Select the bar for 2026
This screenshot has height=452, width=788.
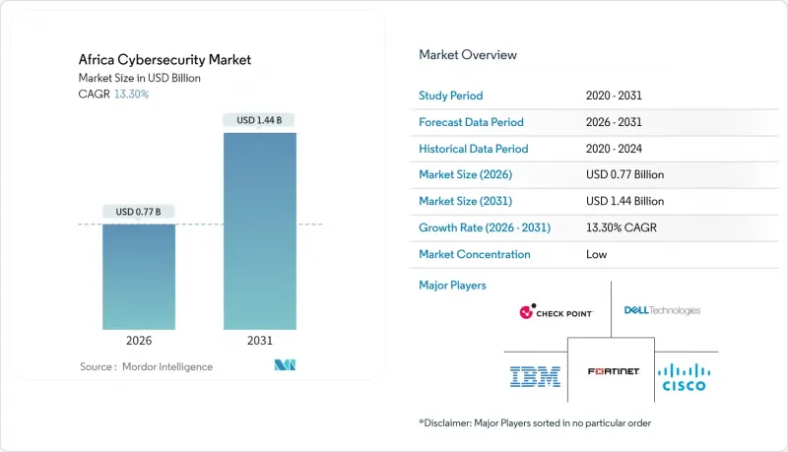tap(139, 277)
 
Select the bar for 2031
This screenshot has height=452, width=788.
tap(259, 230)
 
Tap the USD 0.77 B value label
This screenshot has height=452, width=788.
tap(139, 212)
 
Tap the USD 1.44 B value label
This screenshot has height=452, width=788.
tap(260, 120)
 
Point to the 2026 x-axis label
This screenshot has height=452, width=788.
tap(139, 342)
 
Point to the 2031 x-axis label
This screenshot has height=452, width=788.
tap(259, 342)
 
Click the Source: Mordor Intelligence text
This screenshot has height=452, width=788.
tap(146, 366)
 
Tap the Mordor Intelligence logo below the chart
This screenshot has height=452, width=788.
tap(287, 365)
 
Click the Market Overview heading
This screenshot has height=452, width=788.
tap(468, 54)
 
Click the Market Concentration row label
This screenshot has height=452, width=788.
tap(475, 254)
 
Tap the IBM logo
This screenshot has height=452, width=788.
tap(535, 375)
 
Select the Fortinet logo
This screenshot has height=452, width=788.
tap(612, 371)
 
